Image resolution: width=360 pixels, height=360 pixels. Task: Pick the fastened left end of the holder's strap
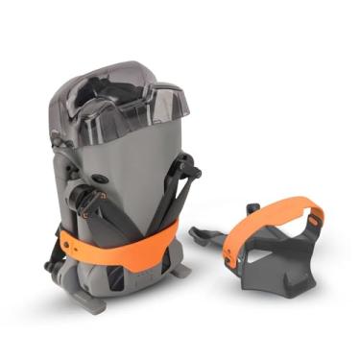(x=230, y=252)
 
